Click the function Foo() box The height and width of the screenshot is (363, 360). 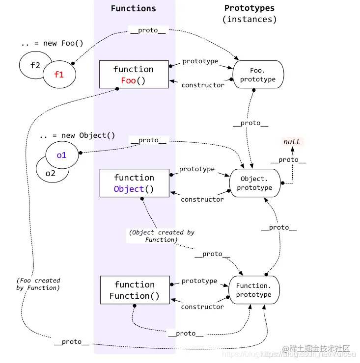[134, 75]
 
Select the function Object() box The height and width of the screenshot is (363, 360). [134, 183]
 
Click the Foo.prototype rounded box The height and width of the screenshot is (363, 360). [258, 75]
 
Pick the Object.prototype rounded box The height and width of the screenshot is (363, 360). [254, 183]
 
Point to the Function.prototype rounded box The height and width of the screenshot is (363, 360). [253, 290]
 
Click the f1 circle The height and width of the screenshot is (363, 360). [59, 75]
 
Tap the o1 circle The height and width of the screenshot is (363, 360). [61, 155]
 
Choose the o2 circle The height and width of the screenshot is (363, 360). [50, 173]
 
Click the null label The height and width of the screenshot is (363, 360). [291, 142]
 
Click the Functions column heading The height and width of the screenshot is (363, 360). [133, 8]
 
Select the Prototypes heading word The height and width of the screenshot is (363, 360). [249, 8]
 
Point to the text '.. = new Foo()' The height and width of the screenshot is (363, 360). [52, 43]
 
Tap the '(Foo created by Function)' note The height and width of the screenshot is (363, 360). [38, 284]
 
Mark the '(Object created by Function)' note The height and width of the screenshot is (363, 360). [162, 236]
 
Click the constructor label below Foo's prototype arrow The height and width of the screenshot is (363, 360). [203, 85]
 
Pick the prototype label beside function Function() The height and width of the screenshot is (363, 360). [199, 281]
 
